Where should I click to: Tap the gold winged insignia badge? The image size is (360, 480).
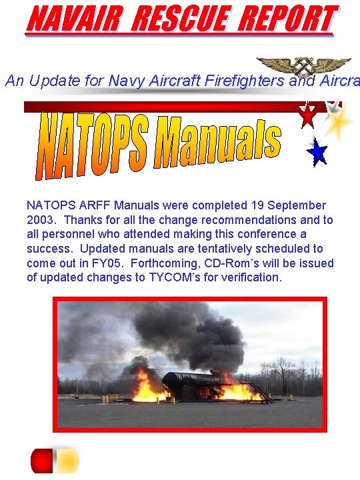point(304,65)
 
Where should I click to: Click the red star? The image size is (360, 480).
point(307,115)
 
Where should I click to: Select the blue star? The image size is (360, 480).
point(317,152)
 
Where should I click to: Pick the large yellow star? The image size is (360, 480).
point(339,121)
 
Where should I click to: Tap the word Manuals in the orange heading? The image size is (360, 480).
point(217,142)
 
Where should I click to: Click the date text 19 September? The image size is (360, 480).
point(284,205)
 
